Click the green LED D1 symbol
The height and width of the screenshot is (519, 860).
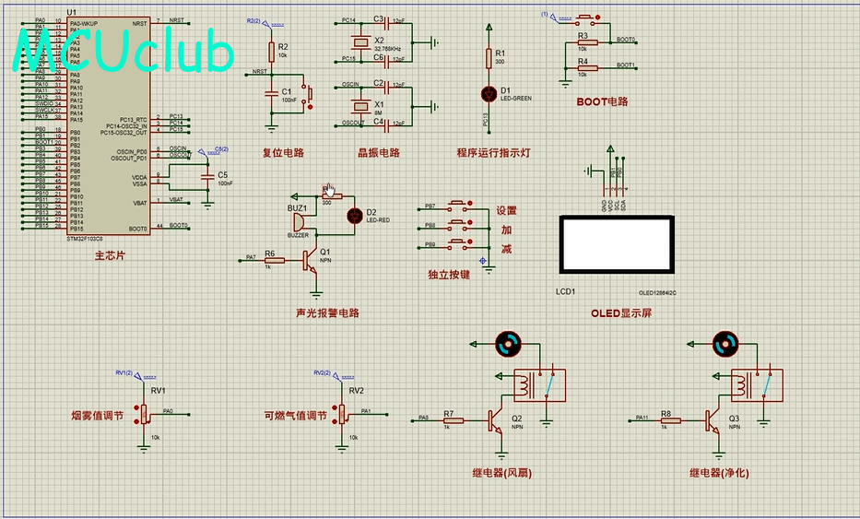tap(489, 93)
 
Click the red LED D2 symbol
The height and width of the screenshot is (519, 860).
tap(353, 215)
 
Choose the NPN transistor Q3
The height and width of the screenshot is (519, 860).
tap(715, 420)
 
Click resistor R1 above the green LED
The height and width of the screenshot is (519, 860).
tap(489, 57)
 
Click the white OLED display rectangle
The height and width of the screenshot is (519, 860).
tap(617, 244)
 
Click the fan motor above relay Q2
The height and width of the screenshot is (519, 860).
tap(506, 344)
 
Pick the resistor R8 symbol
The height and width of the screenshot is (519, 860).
tap(670, 420)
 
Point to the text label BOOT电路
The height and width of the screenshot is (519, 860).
tap(602, 101)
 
